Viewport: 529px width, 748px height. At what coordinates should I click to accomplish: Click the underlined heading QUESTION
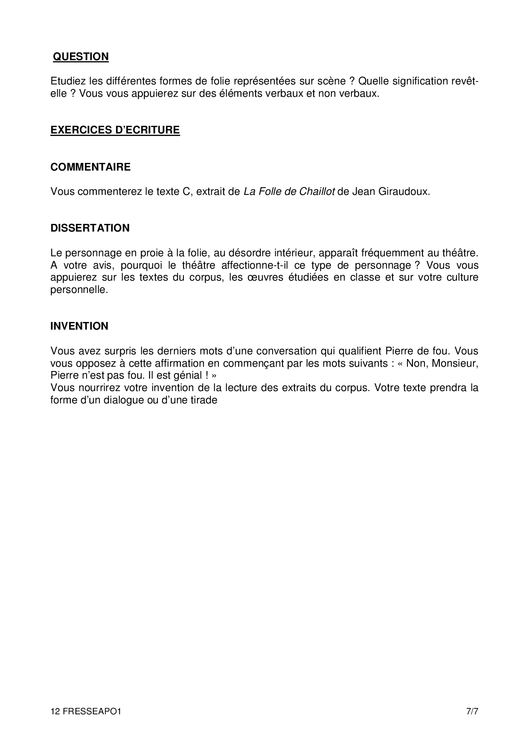tap(81, 57)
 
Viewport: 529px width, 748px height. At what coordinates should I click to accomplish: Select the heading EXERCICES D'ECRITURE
tap(115, 130)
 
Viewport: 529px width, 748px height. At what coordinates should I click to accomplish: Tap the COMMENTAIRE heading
tap(90, 167)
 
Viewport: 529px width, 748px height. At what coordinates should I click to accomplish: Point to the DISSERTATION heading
tap(90, 228)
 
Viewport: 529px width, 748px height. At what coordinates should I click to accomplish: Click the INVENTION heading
tap(79, 326)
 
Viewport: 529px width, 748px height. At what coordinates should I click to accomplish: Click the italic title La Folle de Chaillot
tap(289, 191)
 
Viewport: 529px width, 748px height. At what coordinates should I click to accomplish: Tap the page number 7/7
tap(472, 712)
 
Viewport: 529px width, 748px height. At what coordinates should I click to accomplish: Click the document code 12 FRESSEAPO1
tap(86, 712)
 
